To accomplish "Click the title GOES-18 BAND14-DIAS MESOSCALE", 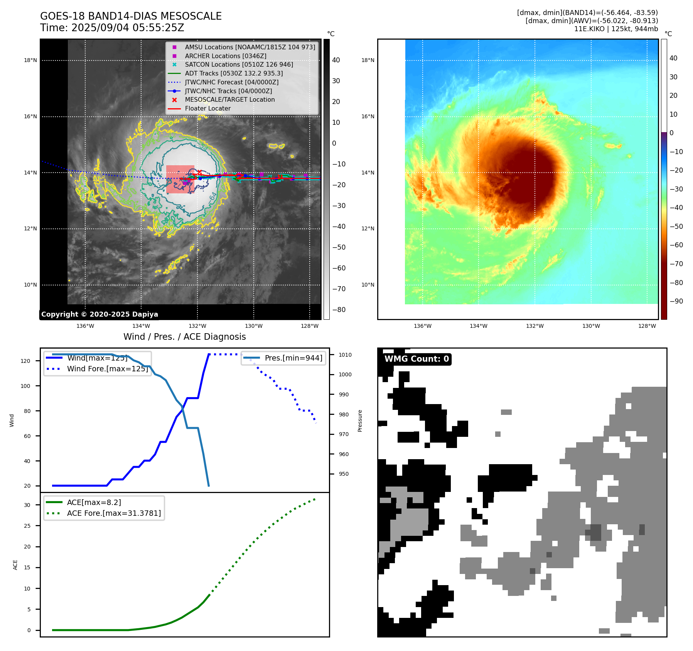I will tap(131, 16).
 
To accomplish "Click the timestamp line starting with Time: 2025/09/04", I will tap(112, 28).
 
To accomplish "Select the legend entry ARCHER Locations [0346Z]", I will tap(225, 56).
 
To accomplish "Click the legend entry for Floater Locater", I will tap(207, 109).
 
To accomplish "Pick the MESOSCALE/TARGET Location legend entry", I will tap(229, 100).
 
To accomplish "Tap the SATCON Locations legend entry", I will tap(239, 65).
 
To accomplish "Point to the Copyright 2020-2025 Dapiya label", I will tap(99, 314).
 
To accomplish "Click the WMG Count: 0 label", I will tap(416, 359).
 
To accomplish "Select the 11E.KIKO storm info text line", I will tap(616, 29).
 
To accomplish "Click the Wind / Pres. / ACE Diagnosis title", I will tap(184, 337).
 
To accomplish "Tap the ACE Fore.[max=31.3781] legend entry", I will tap(114, 513).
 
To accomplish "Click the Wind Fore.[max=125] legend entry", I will tap(107, 369).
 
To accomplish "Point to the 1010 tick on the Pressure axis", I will tap(345, 355).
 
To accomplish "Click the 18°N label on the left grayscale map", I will tap(30, 60).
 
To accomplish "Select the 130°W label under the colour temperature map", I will tap(591, 326).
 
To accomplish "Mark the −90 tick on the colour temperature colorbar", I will tap(676, 301).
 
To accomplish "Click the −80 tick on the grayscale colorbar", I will tap(339, 310).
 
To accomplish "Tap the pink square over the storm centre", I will tap(180, 179).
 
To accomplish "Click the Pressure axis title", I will tap(360, 421).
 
